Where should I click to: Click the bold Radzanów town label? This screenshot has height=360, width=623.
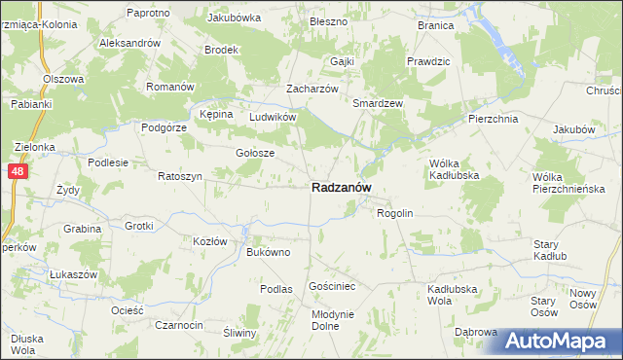[340, 188]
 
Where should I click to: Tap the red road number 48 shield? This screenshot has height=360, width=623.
[19, 171]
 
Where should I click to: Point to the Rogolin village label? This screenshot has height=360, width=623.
[395, 213]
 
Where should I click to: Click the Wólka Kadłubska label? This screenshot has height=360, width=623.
[450, 169]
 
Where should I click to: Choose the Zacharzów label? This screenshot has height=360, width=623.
[311, 88]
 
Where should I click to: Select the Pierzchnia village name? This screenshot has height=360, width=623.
[493, 118]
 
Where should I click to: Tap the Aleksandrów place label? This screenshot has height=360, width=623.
[129, 44]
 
